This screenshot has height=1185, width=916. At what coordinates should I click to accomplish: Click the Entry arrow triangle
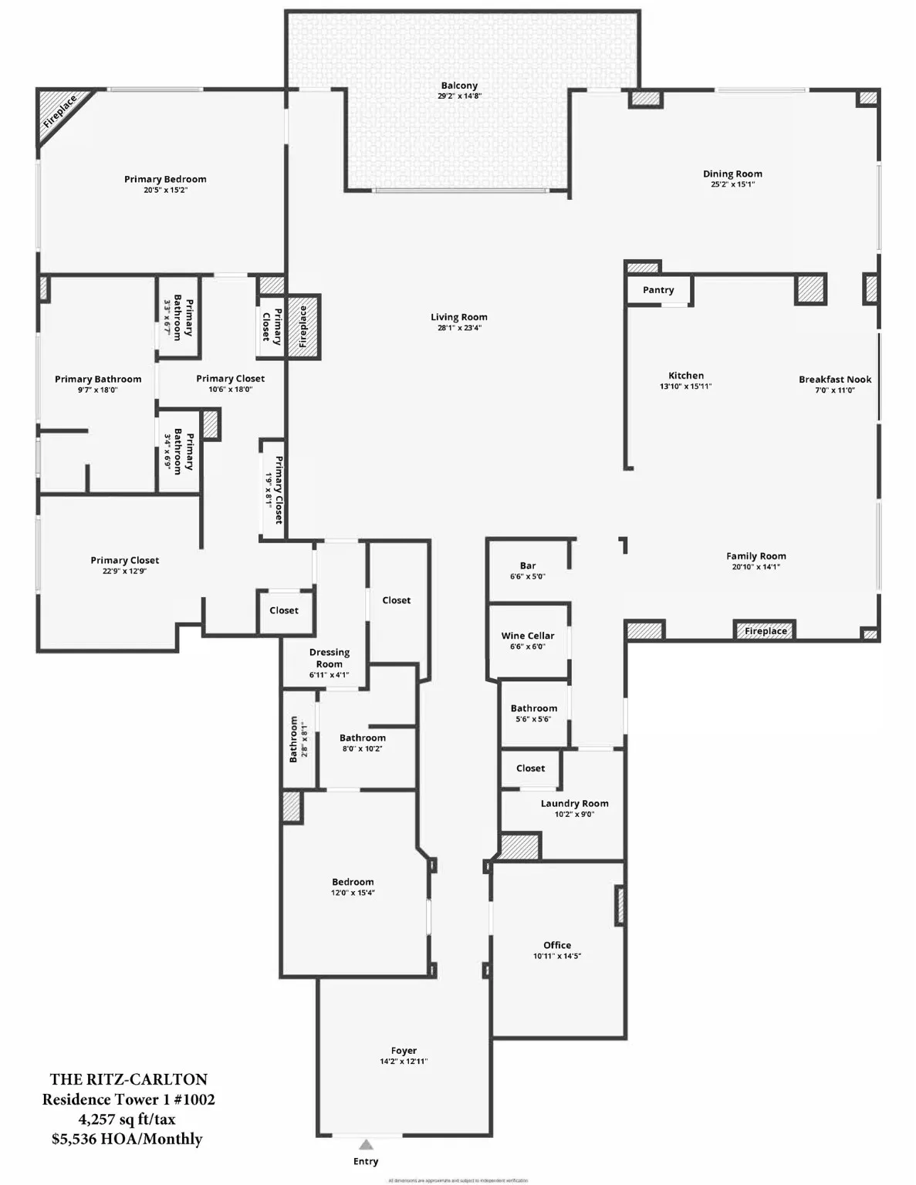click(366, 1145)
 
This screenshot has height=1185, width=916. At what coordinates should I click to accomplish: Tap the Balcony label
click(459, 86)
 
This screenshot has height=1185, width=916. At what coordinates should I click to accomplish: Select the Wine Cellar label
click(528, 636)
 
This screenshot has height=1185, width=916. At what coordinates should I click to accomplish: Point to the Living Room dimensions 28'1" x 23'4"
click(459, 328)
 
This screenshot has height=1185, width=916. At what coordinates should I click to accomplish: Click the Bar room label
click(528, 565)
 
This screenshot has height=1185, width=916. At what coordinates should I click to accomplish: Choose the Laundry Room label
click(574, 803)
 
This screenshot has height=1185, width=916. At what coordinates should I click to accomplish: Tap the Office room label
click(557, 945)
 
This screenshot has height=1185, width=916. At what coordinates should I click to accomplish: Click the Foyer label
click(404, 1051)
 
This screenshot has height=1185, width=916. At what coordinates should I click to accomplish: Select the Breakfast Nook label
click(835, 380)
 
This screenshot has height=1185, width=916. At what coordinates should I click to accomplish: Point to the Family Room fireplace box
click(765, 631)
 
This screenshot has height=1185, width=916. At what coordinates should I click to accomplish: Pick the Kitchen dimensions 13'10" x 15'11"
click(685, 387)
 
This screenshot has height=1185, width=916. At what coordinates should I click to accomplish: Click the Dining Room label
click(732, 174)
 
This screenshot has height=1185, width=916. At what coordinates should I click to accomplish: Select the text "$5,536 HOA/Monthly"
click(127, 1139)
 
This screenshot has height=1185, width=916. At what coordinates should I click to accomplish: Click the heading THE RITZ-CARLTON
click(129, 1079)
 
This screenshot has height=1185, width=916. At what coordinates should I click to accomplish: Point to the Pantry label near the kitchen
click(658, 290)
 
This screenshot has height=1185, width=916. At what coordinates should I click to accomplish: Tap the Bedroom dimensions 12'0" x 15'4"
click(353, 893)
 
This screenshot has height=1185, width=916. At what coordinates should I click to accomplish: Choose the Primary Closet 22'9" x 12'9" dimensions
click(124, 571)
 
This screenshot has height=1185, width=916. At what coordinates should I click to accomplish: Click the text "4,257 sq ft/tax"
click(127, 1119)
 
